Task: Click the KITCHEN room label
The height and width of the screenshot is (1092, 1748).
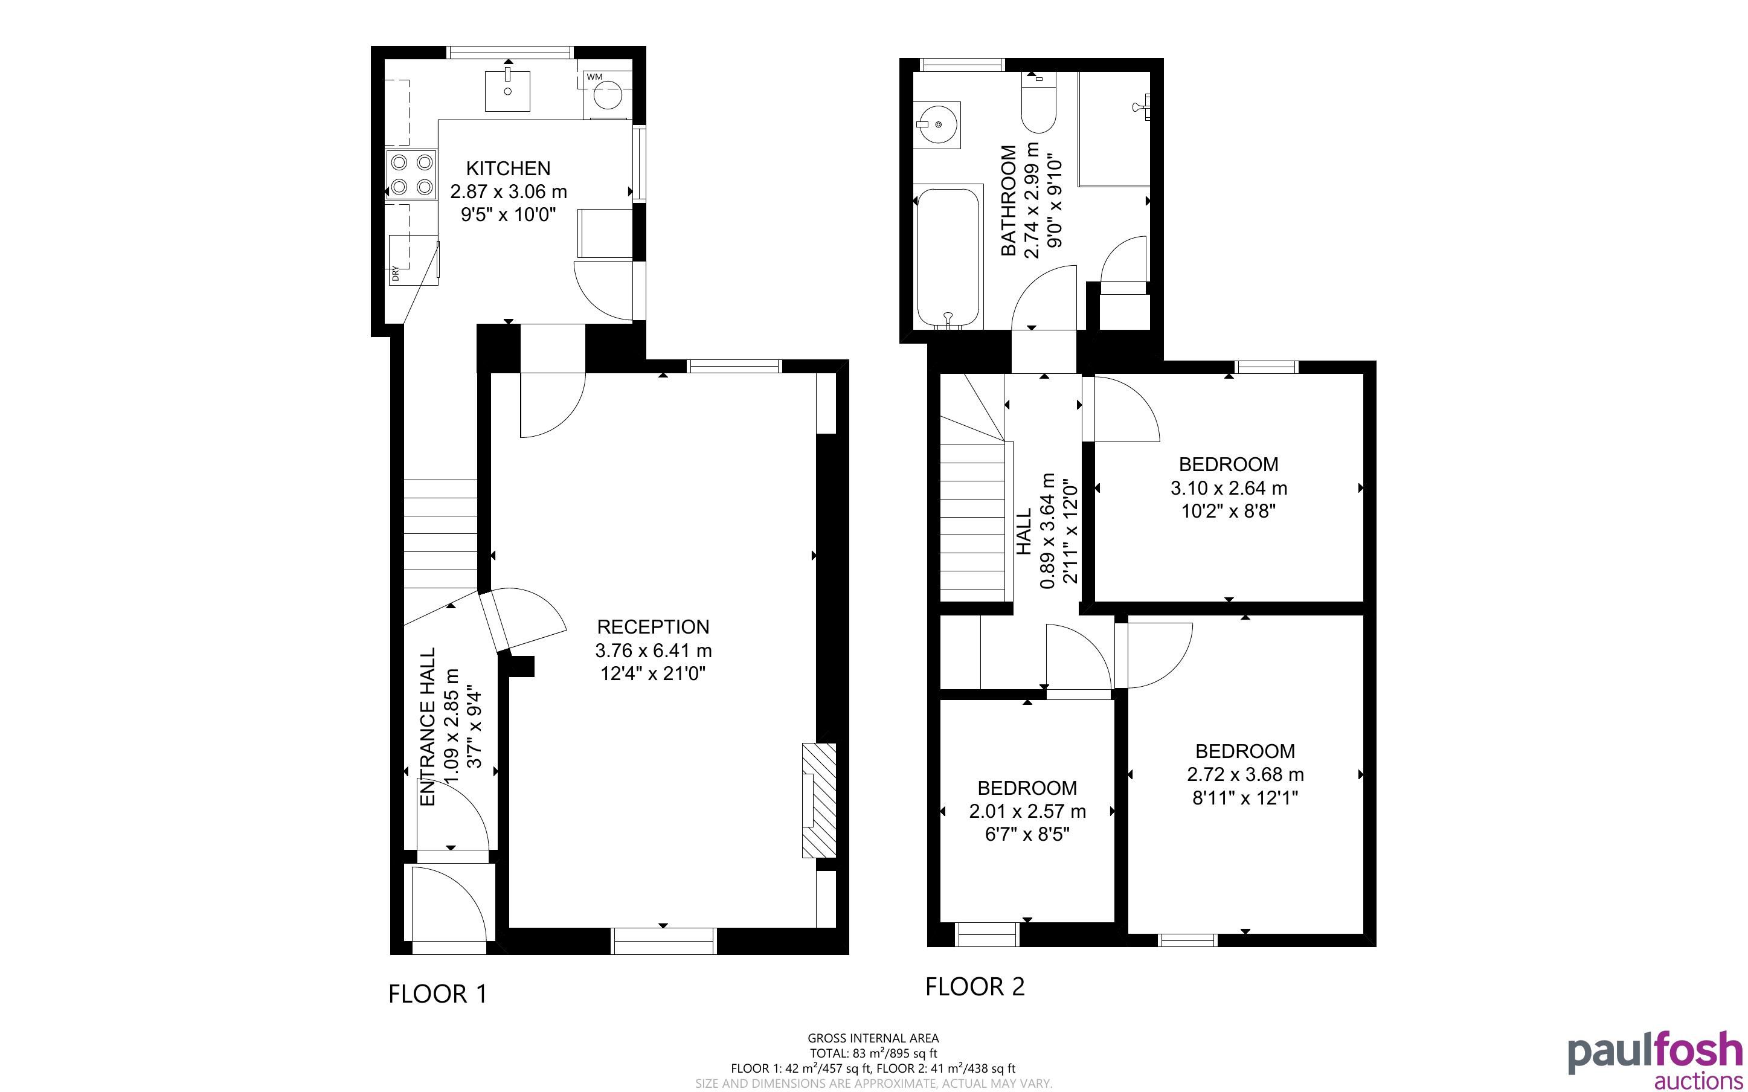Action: (509, 169)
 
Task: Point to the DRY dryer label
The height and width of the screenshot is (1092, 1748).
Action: (395, 274)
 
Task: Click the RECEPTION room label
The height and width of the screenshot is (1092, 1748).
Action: (654, 627)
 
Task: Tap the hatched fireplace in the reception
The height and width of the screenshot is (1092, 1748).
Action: (819, 800)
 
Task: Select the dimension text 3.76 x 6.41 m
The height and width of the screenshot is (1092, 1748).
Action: (654, 650)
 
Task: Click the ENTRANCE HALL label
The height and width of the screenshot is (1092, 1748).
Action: (428, 727)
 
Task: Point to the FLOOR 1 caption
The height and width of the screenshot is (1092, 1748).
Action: (439, 994)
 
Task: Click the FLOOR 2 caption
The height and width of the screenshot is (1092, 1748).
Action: (975, 986)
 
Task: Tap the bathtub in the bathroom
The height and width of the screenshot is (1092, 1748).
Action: (948, 257)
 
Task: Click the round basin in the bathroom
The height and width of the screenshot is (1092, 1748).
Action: (937, 125)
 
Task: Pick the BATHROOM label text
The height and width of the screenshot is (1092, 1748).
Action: (1009, 200)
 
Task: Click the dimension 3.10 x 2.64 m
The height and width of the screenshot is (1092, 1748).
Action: (1229, 488)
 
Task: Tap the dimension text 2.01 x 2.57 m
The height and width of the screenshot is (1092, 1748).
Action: (1027, 811)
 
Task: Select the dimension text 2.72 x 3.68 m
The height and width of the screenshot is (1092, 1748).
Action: (1245, 774)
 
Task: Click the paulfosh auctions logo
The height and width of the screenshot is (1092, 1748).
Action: (1655, 1059)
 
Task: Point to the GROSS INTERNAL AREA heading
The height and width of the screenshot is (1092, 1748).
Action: (873, 1039)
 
